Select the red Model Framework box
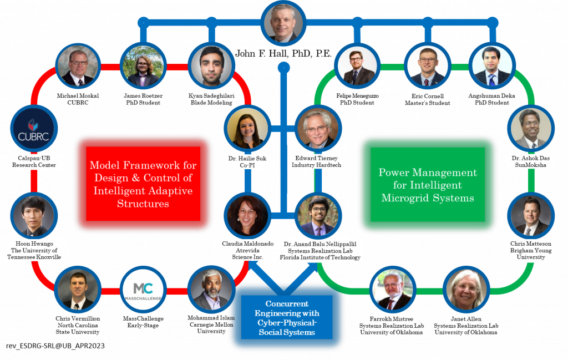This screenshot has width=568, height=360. (143, 184)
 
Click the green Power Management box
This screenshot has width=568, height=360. (427, 185)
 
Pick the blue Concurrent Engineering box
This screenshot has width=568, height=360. (287, 318)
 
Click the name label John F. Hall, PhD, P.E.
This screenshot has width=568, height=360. (283, 53)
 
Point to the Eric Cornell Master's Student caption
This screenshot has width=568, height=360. (427, 99)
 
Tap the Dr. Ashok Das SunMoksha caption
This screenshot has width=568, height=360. (529, 161)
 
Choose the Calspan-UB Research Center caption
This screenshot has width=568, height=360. (34, 161)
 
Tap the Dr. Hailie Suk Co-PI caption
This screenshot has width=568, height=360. (247, 162)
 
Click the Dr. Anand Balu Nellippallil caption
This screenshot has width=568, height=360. (320, 250)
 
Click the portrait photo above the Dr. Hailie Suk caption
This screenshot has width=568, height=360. (247, 129)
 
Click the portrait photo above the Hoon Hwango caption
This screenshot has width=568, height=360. (34, 216)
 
